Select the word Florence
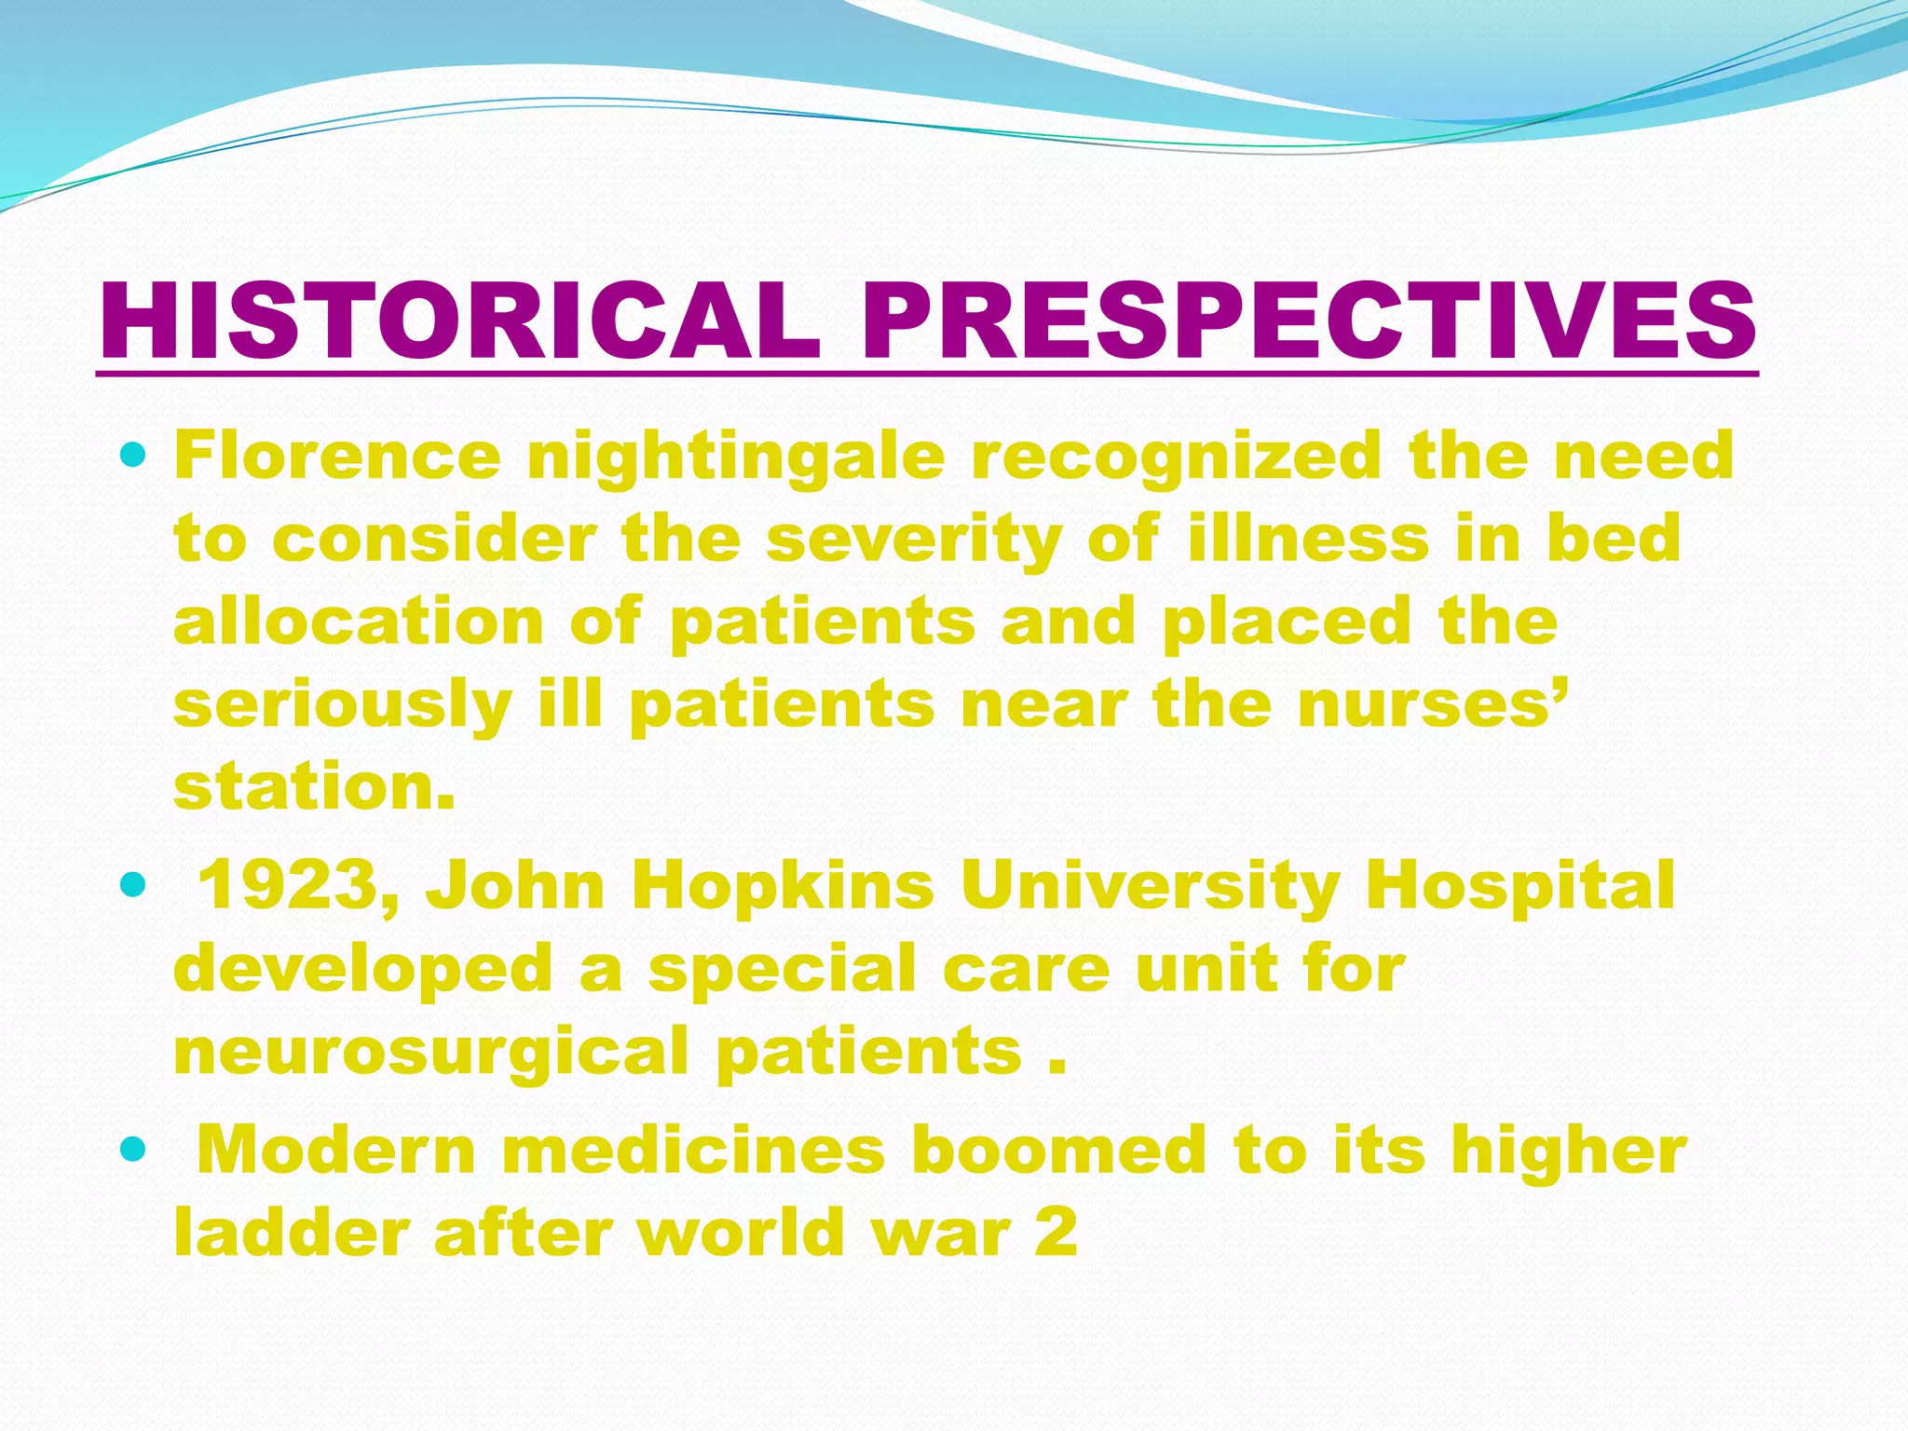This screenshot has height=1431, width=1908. [337, 456]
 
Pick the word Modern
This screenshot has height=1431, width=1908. [337, 1150]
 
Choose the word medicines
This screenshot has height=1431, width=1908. [694, 1150]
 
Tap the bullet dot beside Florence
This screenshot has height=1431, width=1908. [134, 457]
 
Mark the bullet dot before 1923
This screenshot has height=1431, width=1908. [134, 885]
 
